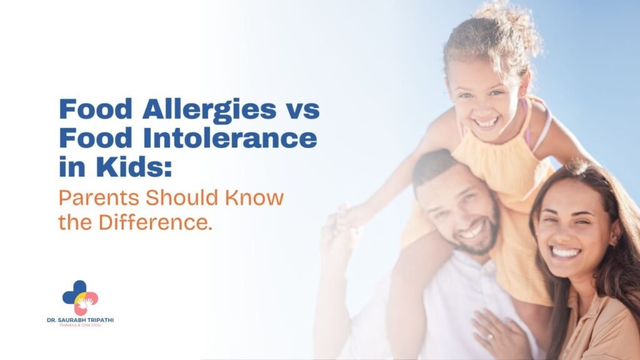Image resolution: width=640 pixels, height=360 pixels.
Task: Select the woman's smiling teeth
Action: click(x=566, y=252)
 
